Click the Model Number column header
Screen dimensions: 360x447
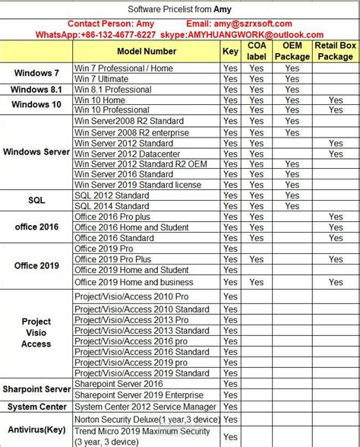click(147, 51)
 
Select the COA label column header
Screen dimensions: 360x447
click(256, 51)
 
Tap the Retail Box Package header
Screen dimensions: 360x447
click(336, 51)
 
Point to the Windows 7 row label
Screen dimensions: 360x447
click(36, 73)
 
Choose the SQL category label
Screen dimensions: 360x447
click(36, 200)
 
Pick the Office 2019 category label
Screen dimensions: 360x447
click(36, 265)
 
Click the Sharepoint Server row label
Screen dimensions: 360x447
click(36, 389)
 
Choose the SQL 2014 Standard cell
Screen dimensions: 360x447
click(111, 206)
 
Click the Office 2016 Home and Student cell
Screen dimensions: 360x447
click(131, 227)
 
